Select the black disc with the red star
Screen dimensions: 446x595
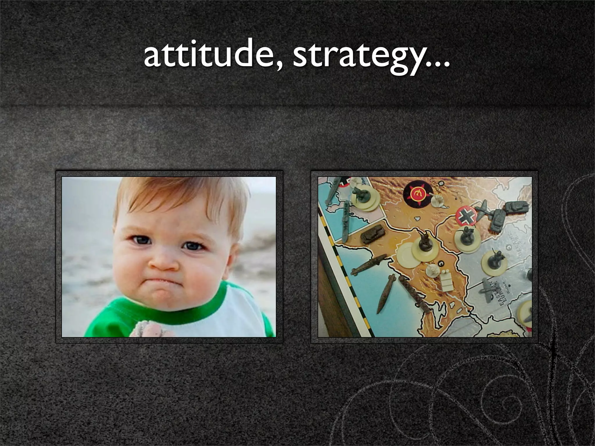tap(417, 194)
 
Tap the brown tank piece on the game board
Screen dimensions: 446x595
tap(372, 234)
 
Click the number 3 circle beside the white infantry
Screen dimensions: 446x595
tap(441, 263)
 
